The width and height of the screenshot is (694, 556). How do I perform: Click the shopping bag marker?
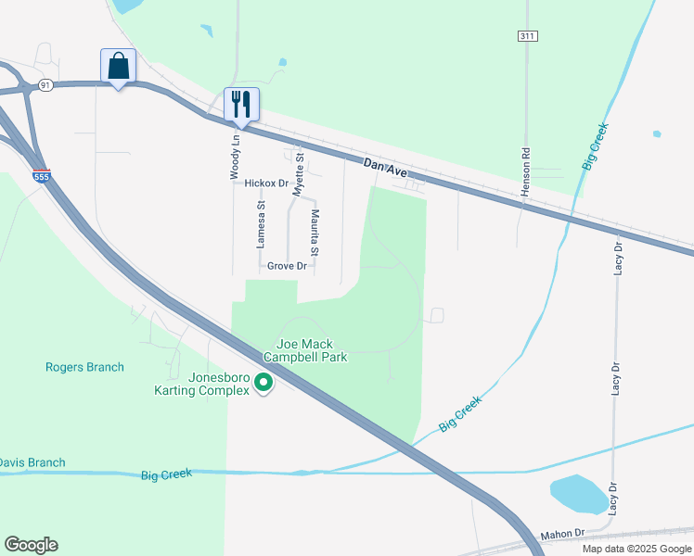118,67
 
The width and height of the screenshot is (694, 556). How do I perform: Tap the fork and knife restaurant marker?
241,105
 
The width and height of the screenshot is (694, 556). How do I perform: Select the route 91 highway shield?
45,85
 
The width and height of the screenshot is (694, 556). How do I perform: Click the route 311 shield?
527,36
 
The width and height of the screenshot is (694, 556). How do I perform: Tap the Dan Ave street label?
386,168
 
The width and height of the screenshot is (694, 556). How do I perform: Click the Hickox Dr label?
267,183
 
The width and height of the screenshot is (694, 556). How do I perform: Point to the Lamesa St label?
262,225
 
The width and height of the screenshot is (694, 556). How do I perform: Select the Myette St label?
299,174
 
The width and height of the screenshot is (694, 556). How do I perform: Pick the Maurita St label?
315,233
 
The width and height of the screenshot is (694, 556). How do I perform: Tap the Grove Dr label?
287,266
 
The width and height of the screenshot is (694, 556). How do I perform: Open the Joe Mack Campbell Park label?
305,349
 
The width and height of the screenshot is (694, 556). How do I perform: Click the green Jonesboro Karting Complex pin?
263,381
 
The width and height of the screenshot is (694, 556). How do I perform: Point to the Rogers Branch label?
84,367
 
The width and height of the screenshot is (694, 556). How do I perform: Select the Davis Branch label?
32,462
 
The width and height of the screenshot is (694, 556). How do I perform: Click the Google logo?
31,545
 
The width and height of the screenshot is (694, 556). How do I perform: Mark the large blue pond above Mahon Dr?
579,494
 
